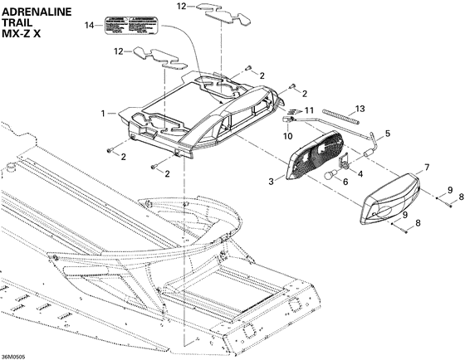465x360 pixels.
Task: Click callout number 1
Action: pos(103,112)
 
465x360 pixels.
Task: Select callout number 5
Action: pos(387,133)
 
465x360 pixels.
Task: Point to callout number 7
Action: pos(428,168)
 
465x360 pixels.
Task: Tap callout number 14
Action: pos(90,27)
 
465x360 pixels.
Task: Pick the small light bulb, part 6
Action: pos(332,175)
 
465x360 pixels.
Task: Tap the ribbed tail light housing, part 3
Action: pos(311,162)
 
